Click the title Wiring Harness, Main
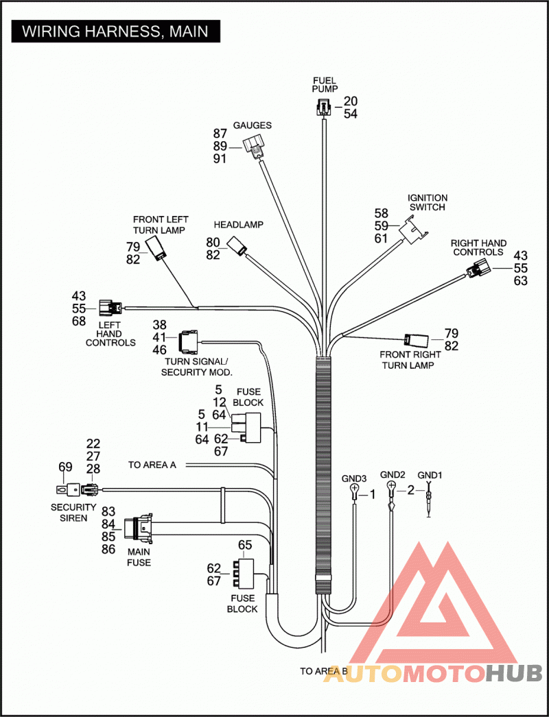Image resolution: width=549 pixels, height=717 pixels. tap(115, 32)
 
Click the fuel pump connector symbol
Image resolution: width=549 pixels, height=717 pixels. tap(323, 107)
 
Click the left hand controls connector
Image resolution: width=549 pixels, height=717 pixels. tap(110, 308)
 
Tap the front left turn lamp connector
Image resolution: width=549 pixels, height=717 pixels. tap(156, 249)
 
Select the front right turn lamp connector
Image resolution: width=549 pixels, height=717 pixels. tap(416, 340)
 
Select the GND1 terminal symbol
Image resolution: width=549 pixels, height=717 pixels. tap(429, 500)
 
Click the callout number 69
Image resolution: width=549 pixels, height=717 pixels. tap(65, 467)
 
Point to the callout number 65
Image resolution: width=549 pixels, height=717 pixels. tap(245, 545)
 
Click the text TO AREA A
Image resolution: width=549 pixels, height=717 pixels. tap(152, 465)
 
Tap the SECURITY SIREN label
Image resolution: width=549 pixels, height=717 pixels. tap(73, 513)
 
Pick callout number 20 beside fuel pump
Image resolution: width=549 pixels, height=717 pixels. tap(351, 101)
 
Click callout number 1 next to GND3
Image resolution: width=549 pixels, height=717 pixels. tap(372, 494)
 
